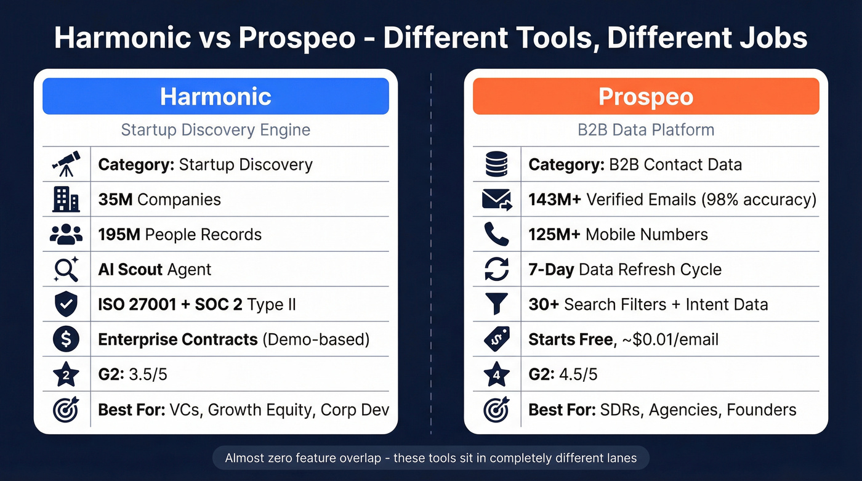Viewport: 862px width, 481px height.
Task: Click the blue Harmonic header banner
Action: coord(216,96)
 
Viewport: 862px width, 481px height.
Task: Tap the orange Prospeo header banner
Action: coord(646,96)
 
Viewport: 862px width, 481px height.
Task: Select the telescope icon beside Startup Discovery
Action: coord(66,164)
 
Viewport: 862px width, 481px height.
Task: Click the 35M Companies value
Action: coord(159,200)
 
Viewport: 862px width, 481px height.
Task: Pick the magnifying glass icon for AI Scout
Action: coord(66,269)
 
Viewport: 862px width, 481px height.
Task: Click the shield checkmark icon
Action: coord(66,304)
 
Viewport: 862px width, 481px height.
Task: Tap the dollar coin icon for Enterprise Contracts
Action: coord(66,339)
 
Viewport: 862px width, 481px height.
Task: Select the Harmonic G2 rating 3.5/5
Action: coord(147,374)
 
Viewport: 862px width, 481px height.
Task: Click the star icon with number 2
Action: coord(66,374)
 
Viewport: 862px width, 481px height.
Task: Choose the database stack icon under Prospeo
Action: coord(496,164)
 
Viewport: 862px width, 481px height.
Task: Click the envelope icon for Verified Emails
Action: coord(496,200)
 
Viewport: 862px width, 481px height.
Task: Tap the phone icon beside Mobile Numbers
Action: coord(496,235)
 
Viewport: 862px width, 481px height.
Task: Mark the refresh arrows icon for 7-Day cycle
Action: coord(496,269)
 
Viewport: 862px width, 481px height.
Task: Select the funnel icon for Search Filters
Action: coord(496,304)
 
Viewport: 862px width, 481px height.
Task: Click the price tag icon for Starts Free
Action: coord(496,339)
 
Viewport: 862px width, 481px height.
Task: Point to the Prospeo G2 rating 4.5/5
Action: coord(578,374)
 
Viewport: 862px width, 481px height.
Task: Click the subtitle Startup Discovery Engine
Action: coord(216,130)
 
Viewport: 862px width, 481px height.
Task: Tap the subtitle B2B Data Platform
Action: coord(646,130)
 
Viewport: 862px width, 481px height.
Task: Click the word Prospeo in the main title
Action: coord(296,38)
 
